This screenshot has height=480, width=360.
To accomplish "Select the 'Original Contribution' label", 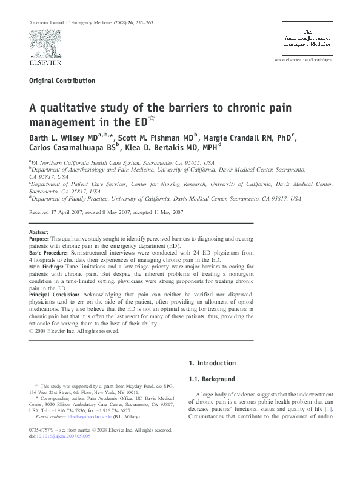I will (62, 81).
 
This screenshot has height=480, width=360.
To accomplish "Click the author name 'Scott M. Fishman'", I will (154, 137).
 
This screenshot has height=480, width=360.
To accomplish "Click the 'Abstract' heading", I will (38, 232).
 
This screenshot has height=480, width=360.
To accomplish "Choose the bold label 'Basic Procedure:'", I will (50, 260).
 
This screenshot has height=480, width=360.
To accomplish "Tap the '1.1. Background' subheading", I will (212, 379).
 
